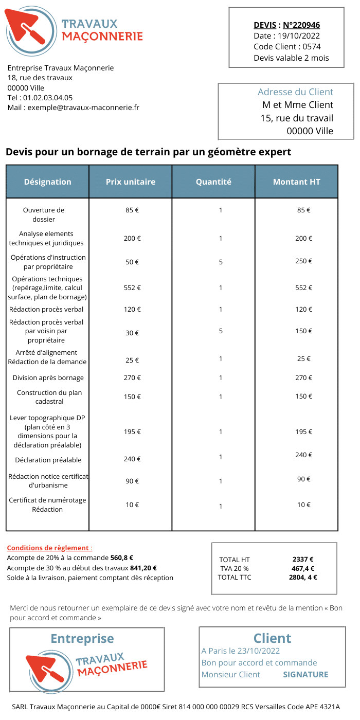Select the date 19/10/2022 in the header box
click(299, 35)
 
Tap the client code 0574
click(312, 46)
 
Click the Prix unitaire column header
click(131, 182)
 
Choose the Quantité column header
click(213, 182)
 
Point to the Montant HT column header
click(297, 182)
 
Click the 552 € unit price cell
click(132, 288)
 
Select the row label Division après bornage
click(48, 378)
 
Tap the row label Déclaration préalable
click(48, 460)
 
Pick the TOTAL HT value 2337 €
click(303, 560)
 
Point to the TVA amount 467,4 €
click(303, 568)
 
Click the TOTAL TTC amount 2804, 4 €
click(303, 577)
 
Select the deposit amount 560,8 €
click(122, 557)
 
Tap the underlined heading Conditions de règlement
click(48, 548)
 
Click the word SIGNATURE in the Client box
click(305, 674)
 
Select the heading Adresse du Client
click(295, 92)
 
